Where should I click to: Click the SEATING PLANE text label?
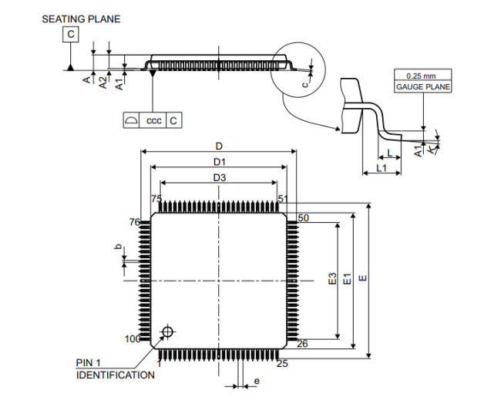pos(81,19)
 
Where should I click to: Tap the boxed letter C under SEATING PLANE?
pos(71,35)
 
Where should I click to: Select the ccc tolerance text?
pos(154,120)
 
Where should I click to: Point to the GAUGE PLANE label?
pos(423,87)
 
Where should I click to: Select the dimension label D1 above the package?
pos(220,162)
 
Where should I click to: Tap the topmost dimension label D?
pos(219,146)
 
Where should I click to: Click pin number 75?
pos(156,199)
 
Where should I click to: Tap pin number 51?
pos(283,199)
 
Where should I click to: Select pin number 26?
pos(302,344)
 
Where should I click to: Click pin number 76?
pos(134,222)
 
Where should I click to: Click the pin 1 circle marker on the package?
pos(166,332)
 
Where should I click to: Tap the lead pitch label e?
pos(256,381)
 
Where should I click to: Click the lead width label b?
pos(117,247)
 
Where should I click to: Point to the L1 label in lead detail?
pos(381,167)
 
